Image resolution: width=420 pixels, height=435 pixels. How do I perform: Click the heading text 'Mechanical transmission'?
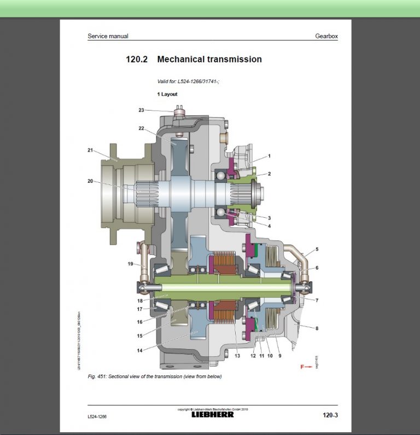point(209,59)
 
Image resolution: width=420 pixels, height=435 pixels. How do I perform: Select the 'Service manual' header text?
point(108,36)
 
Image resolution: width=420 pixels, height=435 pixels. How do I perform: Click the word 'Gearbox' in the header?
point(326,36)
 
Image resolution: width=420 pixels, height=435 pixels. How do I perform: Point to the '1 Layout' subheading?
point(167,94)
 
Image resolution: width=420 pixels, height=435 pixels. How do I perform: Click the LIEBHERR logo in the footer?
point(212,414)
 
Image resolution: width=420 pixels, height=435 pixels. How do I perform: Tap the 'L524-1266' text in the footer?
point(97,416)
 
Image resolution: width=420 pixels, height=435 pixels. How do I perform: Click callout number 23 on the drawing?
point(141,110)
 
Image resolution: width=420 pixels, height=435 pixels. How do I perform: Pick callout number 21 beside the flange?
point(90,149)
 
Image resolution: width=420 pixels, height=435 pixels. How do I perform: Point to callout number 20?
point(90,181)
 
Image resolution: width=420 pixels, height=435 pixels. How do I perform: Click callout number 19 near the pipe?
point(130,264)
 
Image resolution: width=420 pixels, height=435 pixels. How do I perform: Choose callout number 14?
point(139,350)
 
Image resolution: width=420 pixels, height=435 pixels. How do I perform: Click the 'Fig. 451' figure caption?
point(155,376)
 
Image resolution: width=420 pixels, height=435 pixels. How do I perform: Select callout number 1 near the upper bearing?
point(269,156)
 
